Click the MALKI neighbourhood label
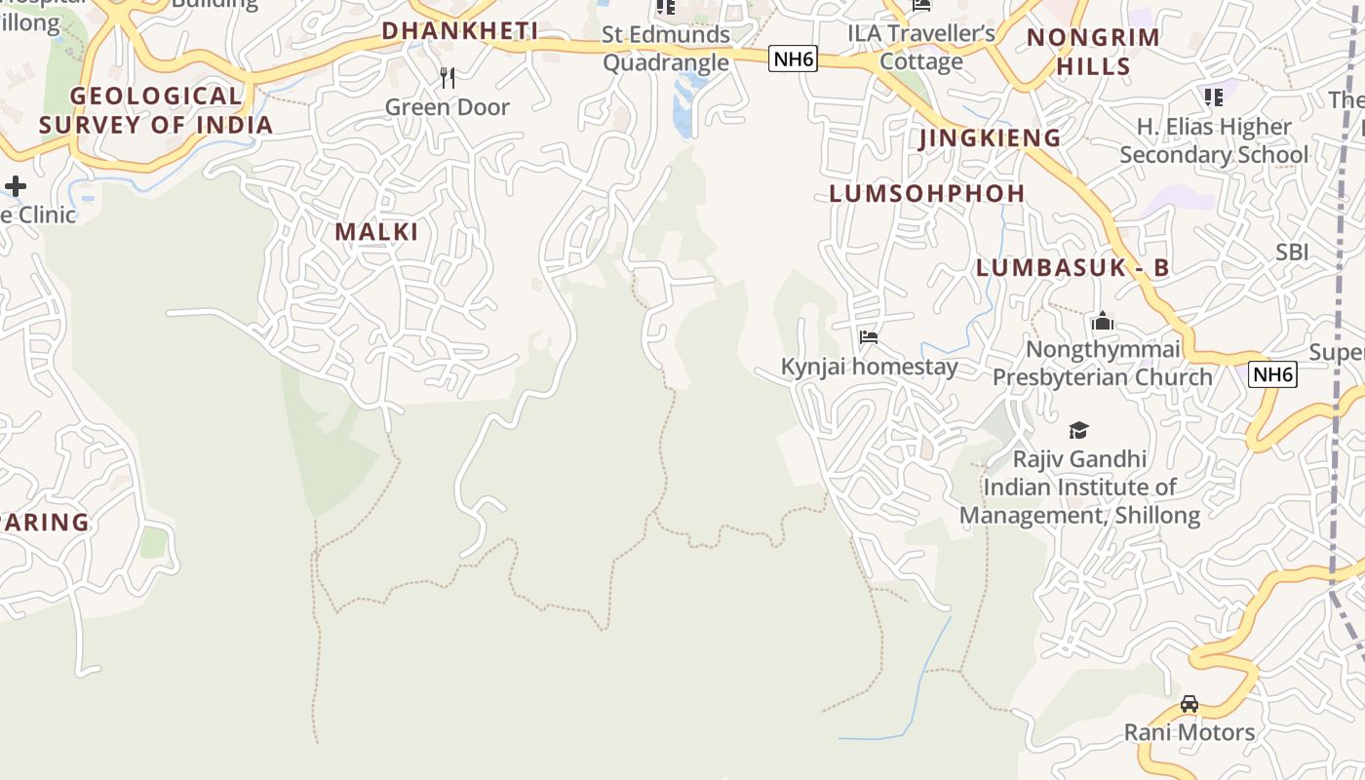point(376,232)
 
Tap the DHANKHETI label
point(460,31)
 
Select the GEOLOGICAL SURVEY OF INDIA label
point(156,110)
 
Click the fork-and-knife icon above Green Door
point(448,78)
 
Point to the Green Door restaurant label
point(448,107)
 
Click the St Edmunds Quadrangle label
point(666,49)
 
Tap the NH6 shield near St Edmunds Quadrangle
point(792,59)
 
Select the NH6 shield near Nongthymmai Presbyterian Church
point(1273,374)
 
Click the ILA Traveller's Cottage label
point(921,48)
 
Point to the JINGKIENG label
point(990,138)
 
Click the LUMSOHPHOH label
point(927,194)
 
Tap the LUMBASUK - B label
point(1072,268)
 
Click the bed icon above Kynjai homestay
point(869,338)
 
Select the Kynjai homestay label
point(869,367)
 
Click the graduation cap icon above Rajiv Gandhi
point(1078,430)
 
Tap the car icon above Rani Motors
point(1189,704)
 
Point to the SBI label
point(1292,253)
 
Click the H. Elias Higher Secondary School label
point(1214,140)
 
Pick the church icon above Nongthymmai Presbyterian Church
point(1103,321)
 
